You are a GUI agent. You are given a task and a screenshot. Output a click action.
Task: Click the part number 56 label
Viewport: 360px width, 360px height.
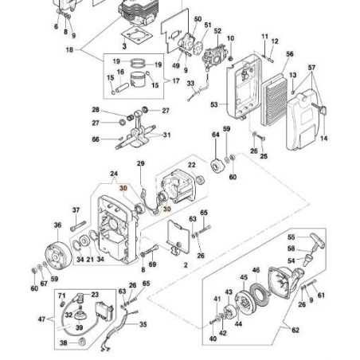tap(290, 54)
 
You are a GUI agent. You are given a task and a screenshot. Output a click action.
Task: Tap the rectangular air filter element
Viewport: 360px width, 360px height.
tap(275, 100)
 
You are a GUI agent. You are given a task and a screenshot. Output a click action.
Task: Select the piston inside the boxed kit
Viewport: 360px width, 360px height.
tap(139, 80)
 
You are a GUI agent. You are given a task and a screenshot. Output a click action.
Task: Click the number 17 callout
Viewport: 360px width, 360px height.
tap(176, 80)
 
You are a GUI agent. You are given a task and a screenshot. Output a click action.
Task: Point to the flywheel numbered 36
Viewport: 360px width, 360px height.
tap(58, 256)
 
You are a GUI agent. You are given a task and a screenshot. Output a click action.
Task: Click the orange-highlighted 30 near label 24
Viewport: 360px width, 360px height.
tap(123, 188)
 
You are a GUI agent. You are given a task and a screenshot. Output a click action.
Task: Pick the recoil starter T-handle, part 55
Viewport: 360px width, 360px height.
tap(317, 240)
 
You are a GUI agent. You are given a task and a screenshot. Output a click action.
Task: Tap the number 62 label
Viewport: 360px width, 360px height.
tap(295, 330)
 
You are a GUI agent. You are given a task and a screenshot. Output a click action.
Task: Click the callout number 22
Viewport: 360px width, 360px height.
tap(191, 165)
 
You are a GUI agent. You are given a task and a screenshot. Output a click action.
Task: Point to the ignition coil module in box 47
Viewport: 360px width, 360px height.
tap(105, 311)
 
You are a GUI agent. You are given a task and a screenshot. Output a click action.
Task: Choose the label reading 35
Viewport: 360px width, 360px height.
tap(143, 324)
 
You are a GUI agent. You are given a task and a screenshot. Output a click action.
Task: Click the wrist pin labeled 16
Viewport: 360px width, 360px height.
tap(122, 88)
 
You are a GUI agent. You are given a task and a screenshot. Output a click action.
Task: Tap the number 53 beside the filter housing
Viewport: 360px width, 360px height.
tap(214, 104)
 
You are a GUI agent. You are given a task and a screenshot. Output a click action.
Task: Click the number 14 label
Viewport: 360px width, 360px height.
tap(323, 138)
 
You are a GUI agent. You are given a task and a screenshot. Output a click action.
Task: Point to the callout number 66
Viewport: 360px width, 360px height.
tap(96, 139)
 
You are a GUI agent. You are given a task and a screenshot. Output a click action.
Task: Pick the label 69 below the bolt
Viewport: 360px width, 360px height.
tap(152, 264)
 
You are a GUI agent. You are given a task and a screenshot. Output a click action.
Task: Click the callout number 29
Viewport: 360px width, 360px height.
tap(141, 163)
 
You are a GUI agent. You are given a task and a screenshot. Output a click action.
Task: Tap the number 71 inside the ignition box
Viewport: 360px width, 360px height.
tap(61, 295)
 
